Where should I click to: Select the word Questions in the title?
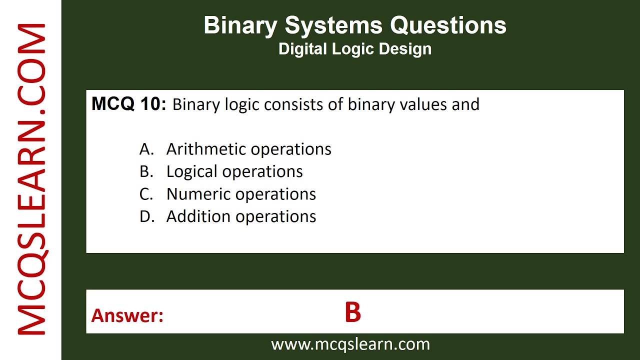[448, 25]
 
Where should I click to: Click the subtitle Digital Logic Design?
[355, 49]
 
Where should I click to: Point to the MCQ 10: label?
[128, 104]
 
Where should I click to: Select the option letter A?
[145, 149]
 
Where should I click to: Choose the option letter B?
[145, 171]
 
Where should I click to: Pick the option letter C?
[145, 194]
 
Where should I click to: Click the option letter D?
[145, 216]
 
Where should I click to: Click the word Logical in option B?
[192, 172]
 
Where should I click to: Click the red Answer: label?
[127, 315]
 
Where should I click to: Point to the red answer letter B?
[352, 312]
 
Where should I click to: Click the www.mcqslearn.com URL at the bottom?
[350, 344]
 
